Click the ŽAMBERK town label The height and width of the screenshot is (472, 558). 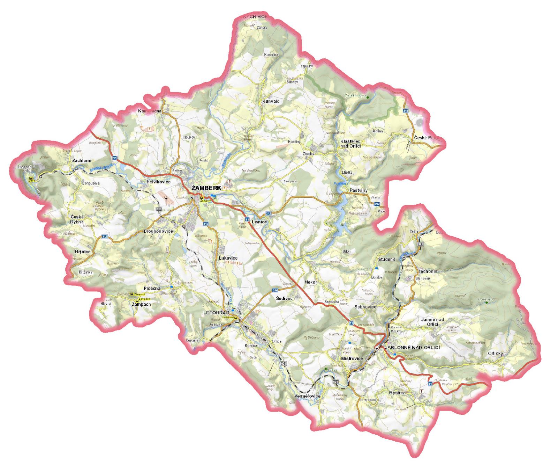[x=206, y=188]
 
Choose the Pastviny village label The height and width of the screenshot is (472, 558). [x=356, y=190]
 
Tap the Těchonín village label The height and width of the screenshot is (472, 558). [x=428, y=271]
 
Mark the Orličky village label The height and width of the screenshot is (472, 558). [x=496, y=353]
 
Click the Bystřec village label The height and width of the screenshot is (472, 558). [x=397, y=393]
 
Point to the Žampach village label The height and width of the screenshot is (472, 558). [x=141, y=304]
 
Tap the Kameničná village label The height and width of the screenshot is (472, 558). [x=150, y=111]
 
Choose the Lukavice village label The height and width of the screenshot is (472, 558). [x=228, y=258]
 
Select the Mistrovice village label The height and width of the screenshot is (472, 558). [x=352, y=358]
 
